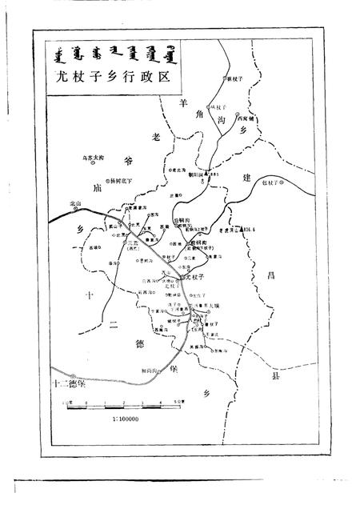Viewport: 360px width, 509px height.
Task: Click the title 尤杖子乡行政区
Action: [110, 78]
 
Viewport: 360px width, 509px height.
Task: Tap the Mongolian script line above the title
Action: [110, 57]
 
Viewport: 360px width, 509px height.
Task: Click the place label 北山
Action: [76, 203]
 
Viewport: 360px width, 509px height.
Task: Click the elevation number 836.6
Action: [256, 229]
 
